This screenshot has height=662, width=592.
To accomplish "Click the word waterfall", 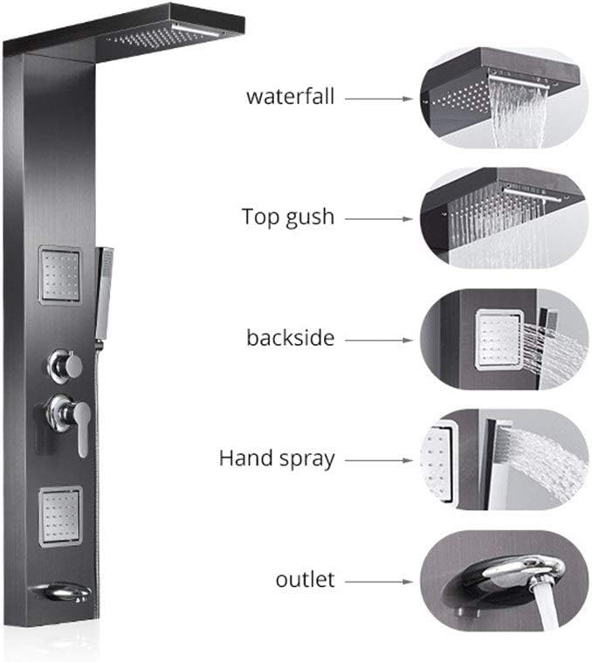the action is coord(290,96).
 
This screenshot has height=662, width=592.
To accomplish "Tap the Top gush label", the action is coord(287,217).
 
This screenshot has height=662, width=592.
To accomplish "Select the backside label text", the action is coord(289,337).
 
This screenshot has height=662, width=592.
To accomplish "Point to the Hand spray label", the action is coord(277,458).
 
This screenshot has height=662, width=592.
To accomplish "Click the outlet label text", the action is coord(305,578).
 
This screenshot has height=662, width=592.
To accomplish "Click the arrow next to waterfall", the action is coord(378,98).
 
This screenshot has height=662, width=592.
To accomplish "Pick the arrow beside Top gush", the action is coord(378,217).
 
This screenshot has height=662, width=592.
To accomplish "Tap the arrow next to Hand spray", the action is coord(378,459).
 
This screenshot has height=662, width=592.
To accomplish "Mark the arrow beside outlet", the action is coord(378,579).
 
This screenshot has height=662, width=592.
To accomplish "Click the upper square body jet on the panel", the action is coord(59,275).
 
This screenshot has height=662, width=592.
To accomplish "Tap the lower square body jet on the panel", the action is coord(59,510).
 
